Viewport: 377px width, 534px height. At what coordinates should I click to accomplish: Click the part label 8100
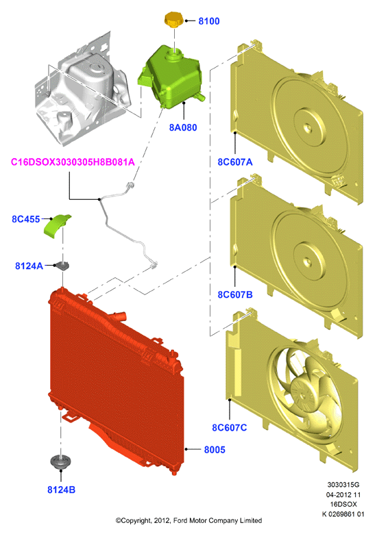pyautogui.click(x=209, y=21)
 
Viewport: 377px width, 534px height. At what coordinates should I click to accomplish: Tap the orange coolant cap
pyautogui.click(x=174, y=19)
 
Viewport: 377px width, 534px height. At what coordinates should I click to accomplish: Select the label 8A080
pyautogui.click(x=183, y=127)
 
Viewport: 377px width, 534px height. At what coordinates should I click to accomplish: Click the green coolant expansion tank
pyautogui.click(x=171, y=77)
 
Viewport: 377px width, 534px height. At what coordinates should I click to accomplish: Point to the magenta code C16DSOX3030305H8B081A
pyautogui.click(x=73, y=162)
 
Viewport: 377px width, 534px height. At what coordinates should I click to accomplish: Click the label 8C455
pyautogui.click(x=26, y=219)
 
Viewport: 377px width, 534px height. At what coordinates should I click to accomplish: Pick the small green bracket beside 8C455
pyautogui.click(x=57, y=225)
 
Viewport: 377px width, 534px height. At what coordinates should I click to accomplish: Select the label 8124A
pyautogui.click(x=29, y=266)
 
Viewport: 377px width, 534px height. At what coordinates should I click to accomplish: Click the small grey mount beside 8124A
pyautogui.click(x=63, y=266)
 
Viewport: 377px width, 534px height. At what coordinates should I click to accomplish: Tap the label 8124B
pyautogui.click(x=62, y=489)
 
